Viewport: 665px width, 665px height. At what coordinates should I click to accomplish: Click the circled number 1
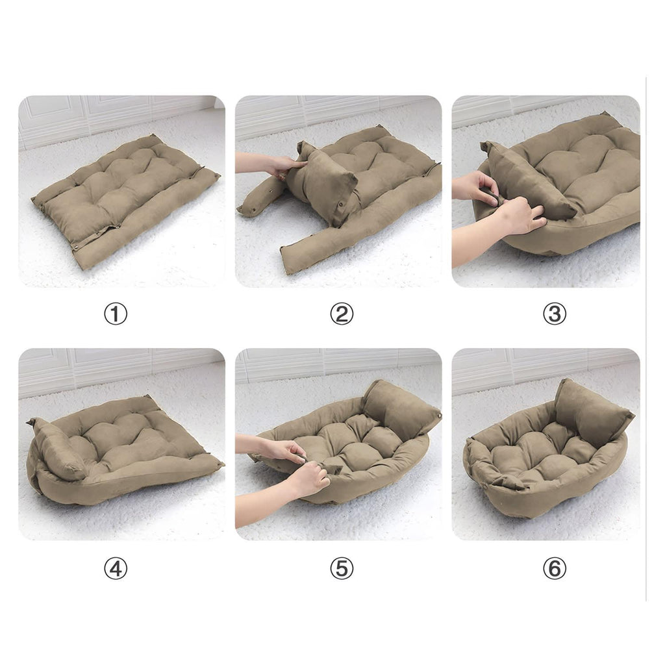(x=116, y=314)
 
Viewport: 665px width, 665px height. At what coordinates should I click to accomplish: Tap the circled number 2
(x=342, y=314)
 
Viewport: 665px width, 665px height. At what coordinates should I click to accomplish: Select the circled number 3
(x=555, y=314)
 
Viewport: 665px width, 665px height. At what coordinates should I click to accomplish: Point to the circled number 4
(x=116, y=568)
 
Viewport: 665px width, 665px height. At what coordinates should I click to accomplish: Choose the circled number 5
(x=342, y=568)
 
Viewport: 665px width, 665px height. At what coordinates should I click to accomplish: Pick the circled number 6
(x=555, y=568)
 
